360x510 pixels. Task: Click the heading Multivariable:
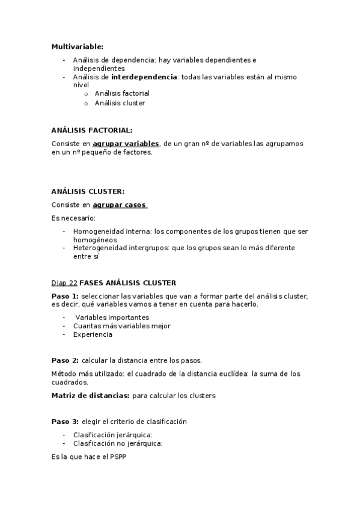pos(77,46)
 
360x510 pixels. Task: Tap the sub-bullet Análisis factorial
pos(122,94)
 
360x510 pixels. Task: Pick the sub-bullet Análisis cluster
pos(120,103)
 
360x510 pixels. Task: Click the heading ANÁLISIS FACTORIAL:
pos(92,130)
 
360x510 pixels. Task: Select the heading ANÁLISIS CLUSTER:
pos(88,191)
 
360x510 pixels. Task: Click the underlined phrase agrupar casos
pos(120,205)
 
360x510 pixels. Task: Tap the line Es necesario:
pos(73,218)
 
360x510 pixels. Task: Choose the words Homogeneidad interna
pos(112,231)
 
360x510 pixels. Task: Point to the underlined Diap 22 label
pos(64,282)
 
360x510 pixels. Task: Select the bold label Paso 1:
pos(65,296)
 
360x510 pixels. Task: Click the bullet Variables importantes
pos(112,317)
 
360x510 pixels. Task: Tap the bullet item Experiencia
pos(93,334)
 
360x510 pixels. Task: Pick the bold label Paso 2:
pos(65,360)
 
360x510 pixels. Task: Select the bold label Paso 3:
pos(65,422)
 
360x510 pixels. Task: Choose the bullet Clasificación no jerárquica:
pos(118,443)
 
